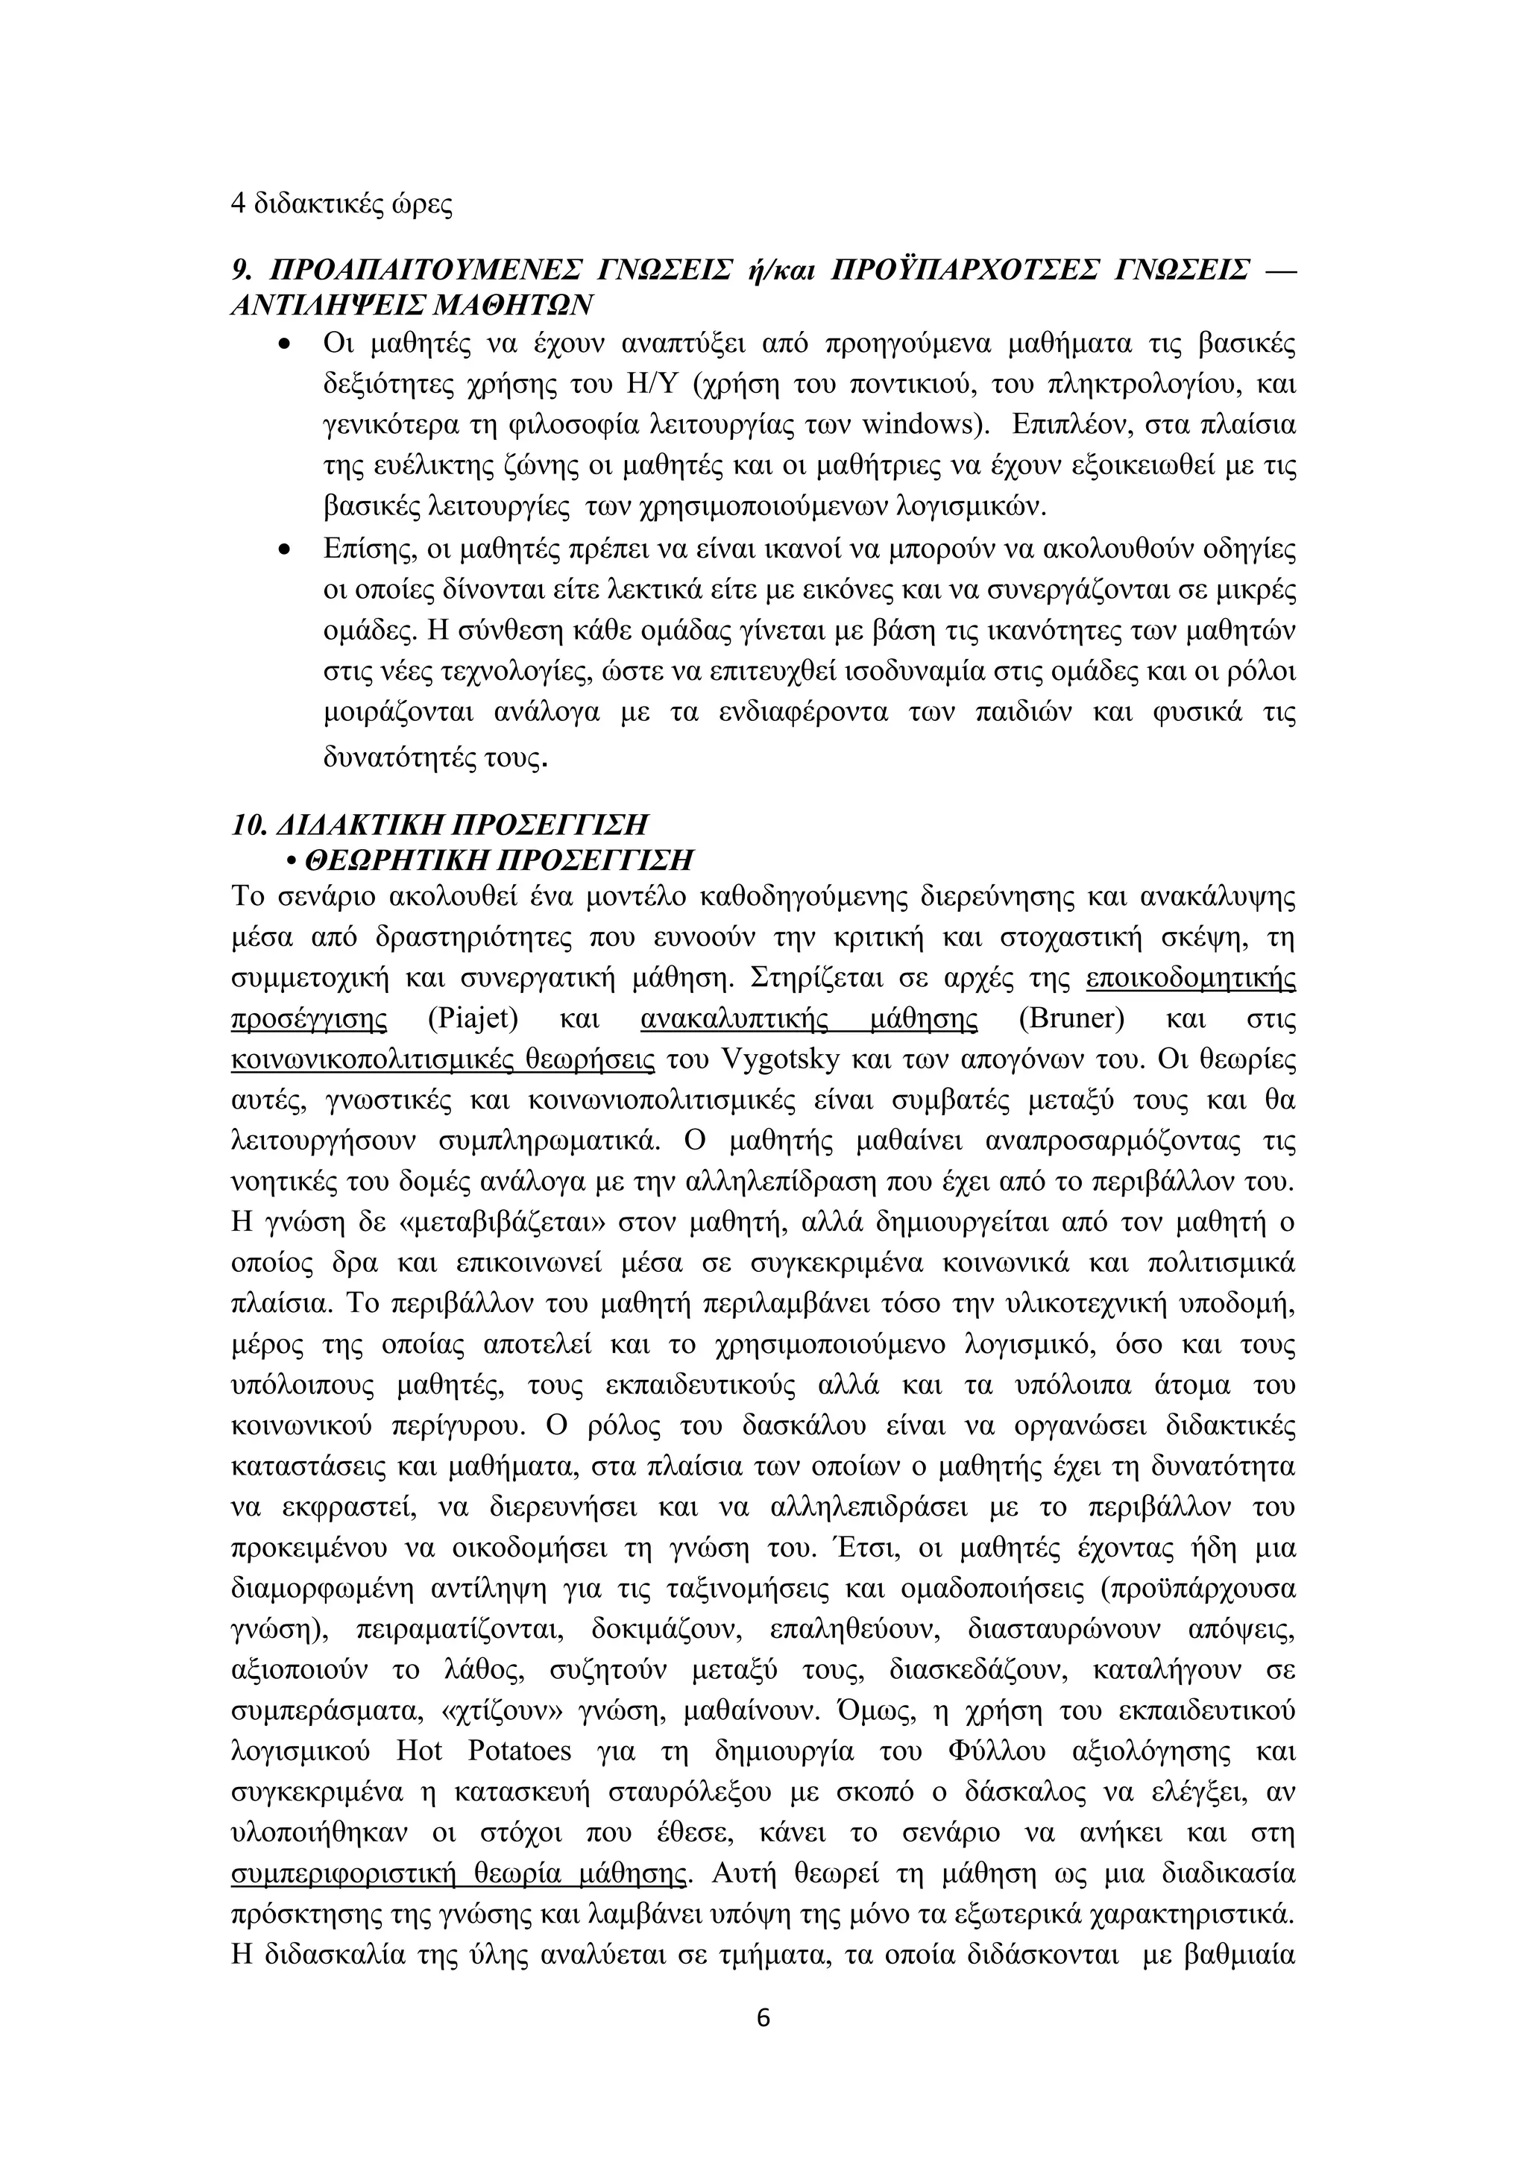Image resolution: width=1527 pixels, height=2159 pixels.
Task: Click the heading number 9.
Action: click(x=241, y=271)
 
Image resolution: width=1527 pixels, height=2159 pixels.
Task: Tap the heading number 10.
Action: click(x=248, y=825)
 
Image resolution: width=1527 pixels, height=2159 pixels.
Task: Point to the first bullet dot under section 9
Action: click(x=285, y=345)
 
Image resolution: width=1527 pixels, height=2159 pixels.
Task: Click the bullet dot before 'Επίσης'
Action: click(x=285, y=549)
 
